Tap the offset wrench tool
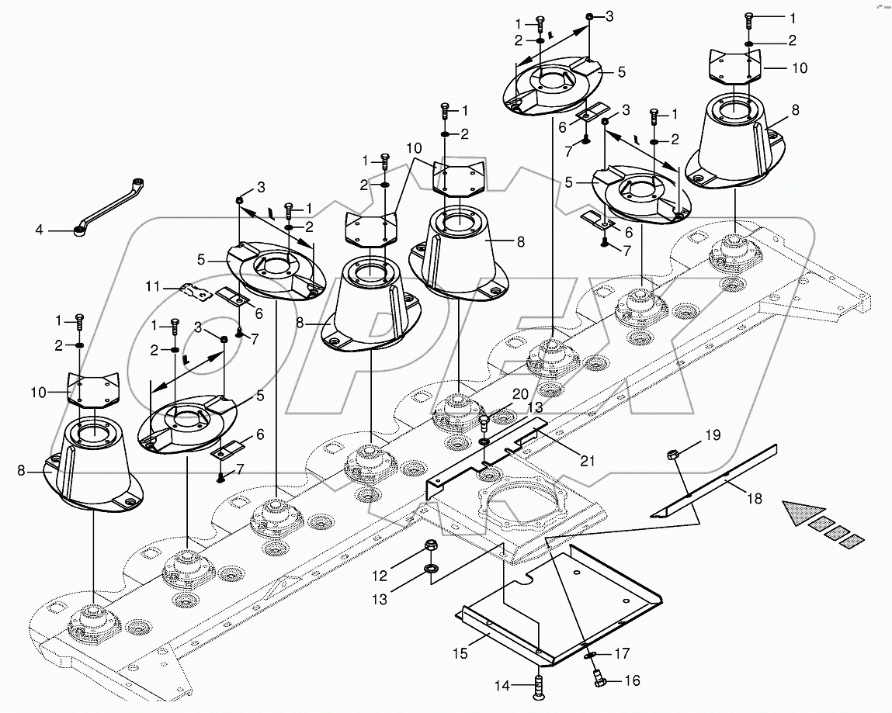point(111,205)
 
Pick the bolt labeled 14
point(538,686)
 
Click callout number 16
point(632,681)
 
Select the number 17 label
point(622,654)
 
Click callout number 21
point(588,461)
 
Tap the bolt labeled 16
point(598,680)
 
